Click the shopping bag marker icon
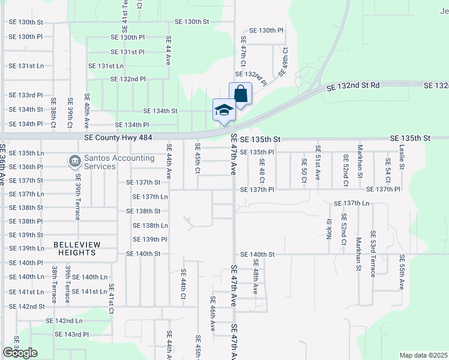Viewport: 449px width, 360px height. tap(240, 95)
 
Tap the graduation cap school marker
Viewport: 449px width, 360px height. tap(224, 110)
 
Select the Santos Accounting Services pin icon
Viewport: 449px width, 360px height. tap(75, 160)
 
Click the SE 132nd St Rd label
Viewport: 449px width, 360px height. tap(353, 86)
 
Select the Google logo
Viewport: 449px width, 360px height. tap(20, 352)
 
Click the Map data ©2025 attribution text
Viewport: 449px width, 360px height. tap(423, 355)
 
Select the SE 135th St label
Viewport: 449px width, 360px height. tap(260, 139)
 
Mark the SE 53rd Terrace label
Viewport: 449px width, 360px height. tap(373, 253)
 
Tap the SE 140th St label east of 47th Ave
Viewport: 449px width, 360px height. tap(257, 254)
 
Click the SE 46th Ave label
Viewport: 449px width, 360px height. tap(212, 314)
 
